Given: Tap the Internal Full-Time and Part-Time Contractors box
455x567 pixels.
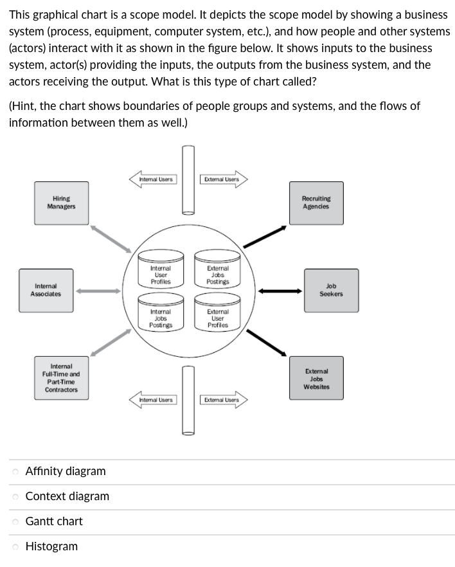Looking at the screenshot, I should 61,378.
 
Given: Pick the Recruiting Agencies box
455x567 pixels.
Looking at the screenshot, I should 316,203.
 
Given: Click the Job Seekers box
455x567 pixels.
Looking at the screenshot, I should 331,290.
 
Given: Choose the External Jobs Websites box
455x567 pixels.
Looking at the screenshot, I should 316,379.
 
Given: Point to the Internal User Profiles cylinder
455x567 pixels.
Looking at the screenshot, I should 160,274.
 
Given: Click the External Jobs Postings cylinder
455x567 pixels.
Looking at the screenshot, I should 218,274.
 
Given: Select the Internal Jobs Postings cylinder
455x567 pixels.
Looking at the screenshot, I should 160,318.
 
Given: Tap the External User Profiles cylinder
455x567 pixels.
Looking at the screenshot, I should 218,318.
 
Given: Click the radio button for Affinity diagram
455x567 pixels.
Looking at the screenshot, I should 15,472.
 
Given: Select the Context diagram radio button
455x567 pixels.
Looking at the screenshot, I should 15,497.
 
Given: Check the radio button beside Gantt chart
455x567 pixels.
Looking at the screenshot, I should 15,522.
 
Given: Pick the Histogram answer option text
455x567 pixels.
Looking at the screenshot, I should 51,546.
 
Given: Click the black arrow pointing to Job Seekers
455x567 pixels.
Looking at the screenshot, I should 280,291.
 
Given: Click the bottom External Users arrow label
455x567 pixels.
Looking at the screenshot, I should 222,401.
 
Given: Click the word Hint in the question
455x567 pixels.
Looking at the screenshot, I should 25,106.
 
